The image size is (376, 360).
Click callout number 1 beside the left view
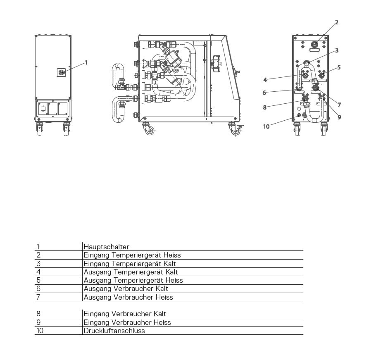pos(86,62)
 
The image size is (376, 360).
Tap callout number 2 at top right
pos(336,22)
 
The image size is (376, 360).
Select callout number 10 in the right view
pos(267,126)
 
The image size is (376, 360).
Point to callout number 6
pos(264,93)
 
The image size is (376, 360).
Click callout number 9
pos(339,117)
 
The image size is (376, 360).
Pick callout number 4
pos(265,80)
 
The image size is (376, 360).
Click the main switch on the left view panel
pos(61,72)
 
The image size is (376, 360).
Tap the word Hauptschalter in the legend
pos(107,247)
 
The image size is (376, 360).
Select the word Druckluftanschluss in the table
pos(114,331)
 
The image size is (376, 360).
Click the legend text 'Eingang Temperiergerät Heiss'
pos(132,255)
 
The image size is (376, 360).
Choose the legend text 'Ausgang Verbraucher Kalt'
pos(126,288)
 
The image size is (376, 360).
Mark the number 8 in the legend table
pos(38,314)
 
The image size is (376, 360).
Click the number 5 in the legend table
pos(38,280)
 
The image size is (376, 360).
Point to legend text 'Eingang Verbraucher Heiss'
pos(127,322)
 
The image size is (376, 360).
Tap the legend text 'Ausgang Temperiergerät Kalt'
pos(131,272)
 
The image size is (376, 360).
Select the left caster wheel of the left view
pos(39,129)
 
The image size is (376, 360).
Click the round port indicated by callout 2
pos(314,44)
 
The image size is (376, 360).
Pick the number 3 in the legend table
pos(38,264)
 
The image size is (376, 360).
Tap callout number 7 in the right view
pos(339,105)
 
